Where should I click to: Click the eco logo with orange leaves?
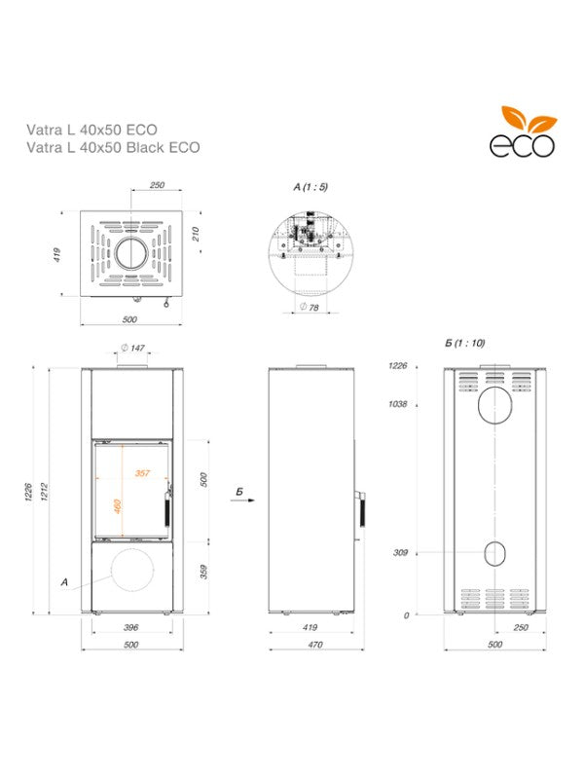[x=522, y=133]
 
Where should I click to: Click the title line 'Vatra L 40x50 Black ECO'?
[x=113, y=148]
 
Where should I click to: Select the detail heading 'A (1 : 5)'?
[x=310, y=185]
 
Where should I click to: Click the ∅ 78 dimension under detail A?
[x=310, y=307]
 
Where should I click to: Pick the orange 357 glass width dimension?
[x=142, y=473]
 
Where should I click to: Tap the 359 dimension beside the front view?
[x=203, y=572]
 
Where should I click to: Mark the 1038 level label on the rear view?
[x=396, y=403]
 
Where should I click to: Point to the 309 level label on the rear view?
[x=398, y=553]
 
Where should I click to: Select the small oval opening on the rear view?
[x=495, y=553]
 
